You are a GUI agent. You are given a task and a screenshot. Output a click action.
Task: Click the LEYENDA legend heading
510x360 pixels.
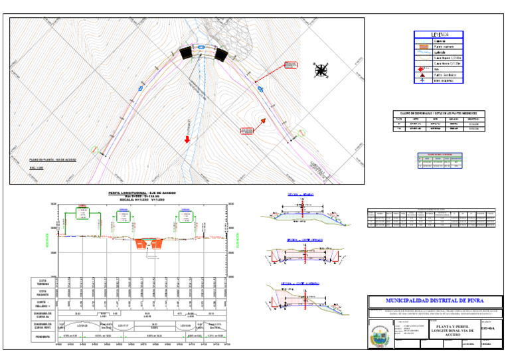[438, 35]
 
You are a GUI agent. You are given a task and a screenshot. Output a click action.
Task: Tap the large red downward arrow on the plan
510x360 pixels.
[187, 139]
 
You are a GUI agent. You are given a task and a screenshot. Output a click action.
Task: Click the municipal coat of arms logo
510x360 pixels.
[381, 336]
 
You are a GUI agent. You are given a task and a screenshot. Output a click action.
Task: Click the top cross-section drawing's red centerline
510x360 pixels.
[303, 215]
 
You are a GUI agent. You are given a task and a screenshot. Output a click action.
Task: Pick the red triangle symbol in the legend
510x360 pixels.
[420, 75]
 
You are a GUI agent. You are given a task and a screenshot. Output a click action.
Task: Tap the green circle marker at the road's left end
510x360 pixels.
[96, 150]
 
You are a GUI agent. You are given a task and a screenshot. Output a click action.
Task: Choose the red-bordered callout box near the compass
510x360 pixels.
[290, 64]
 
